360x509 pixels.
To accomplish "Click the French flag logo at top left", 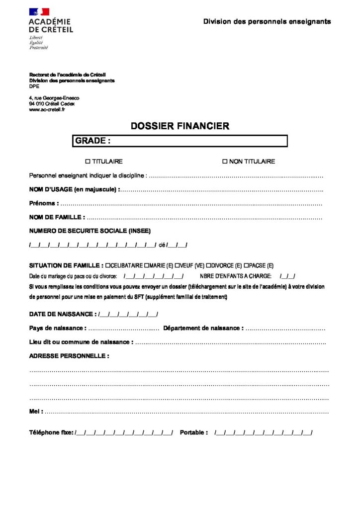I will coord(39,11).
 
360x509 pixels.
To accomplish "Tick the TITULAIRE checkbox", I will coord(88,162).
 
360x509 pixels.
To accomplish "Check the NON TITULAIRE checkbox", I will coord(224,162).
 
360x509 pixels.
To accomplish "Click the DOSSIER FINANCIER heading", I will coord(180,126).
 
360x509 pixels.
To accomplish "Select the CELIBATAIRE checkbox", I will coord(108,265).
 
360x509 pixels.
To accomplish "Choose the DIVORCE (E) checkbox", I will coord(208,265).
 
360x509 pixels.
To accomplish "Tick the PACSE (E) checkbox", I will coord(246,265).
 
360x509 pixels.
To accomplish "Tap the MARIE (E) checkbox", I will coord(146,265).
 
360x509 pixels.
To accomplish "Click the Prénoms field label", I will coord(44,203).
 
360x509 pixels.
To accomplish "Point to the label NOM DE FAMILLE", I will coord(57,217).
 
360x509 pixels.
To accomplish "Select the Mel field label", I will coord(36,412).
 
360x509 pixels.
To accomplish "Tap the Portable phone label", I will coord(194,433).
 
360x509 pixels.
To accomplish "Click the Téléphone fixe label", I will coord(51,433).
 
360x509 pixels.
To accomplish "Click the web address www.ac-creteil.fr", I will coord(47,109).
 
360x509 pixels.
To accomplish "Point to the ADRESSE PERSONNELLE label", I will coord(69,356).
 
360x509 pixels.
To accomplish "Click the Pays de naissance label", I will coord(58,328).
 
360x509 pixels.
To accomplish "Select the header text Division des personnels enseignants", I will coord(267,22).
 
